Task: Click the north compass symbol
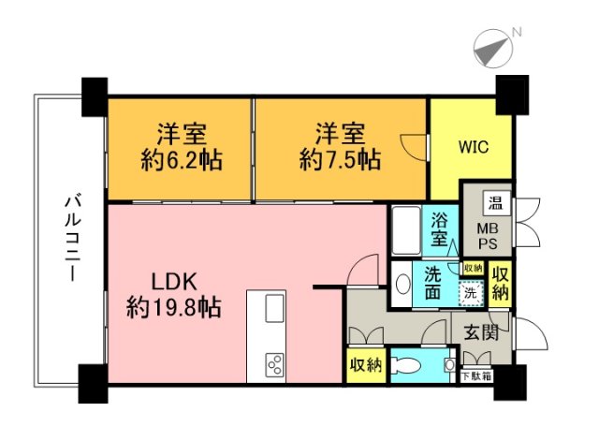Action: point(494,45)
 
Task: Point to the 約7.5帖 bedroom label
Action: point(339,145)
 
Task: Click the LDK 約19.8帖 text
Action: point(174,293)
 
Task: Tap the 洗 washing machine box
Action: point(472,293)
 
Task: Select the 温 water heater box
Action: point(491,202)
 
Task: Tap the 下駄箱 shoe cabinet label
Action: point(477,375)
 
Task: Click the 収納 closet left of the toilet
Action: point(364,363)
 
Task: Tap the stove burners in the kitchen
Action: point(275,360)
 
